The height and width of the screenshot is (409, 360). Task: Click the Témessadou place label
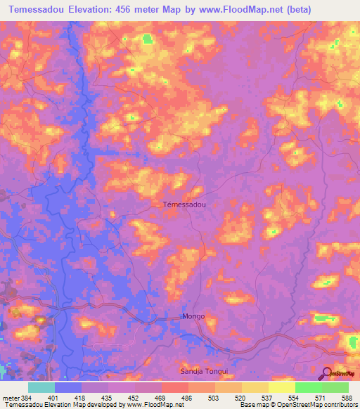[184, 204]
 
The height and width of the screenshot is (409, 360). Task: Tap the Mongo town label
[193, 316]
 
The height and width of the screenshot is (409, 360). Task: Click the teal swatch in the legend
[41, 387]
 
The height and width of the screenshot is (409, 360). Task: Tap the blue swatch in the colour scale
[68, 387]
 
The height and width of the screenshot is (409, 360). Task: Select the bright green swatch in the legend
[309, 387]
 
